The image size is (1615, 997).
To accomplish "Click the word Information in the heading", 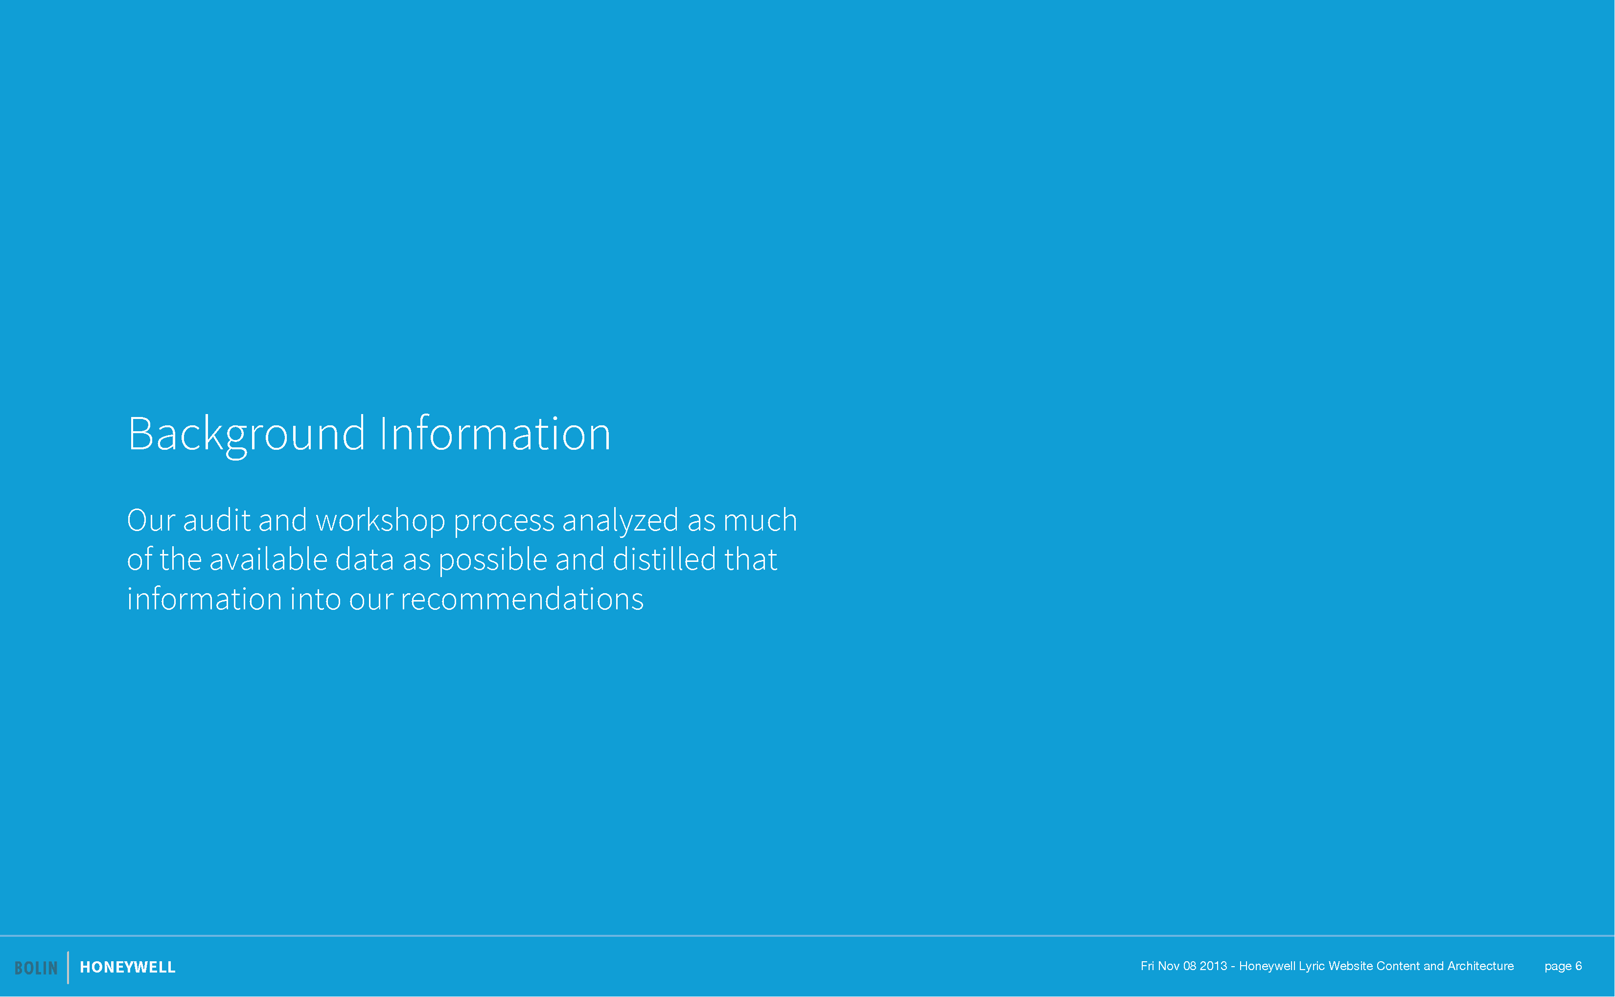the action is coord(496,433).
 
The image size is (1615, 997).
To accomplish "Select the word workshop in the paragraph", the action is coord(380,520).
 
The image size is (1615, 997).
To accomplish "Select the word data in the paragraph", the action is coord(365,559).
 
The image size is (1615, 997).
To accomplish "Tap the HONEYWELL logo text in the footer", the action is coord(128,967).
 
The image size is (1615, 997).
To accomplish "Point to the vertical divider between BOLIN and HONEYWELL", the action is coord(68,967).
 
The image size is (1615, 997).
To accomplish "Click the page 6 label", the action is coord(1563,967).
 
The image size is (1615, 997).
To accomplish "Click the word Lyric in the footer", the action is coord(1312,967).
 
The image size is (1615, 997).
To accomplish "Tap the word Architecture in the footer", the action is coord(1480,966).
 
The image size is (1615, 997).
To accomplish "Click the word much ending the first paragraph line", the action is coord(760,520).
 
